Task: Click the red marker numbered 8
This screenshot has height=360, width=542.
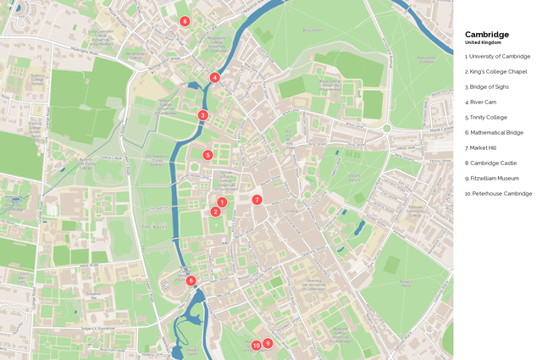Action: click(185, 21)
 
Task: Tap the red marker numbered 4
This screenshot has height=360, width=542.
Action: click(215, 77)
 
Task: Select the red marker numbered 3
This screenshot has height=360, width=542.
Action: click(202, 115)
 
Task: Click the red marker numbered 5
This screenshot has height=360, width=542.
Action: click(207, 155)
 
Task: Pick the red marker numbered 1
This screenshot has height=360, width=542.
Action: click(222, 202)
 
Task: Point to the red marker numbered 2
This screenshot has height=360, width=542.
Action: click(216, 212)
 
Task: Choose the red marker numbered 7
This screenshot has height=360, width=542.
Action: click(257, 200)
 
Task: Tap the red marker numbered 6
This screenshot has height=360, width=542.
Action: click(191, 280)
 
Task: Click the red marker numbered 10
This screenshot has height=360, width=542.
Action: click(256, 346)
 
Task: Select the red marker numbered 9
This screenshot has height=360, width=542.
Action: click(268, 343)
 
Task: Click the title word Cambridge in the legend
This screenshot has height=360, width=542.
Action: click(487, 35)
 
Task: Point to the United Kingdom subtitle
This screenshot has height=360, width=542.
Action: click(483, 42)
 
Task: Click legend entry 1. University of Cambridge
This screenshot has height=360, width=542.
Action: click(497, 57)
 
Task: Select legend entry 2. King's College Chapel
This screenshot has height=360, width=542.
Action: click(495, 72)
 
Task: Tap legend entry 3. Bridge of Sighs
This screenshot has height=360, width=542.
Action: click(489, 87)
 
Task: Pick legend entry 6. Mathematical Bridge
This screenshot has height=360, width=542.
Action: click(494, 133)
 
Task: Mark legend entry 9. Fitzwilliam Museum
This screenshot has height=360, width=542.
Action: click(492, 179)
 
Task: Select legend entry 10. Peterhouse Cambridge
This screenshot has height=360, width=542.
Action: click(498, 194)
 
